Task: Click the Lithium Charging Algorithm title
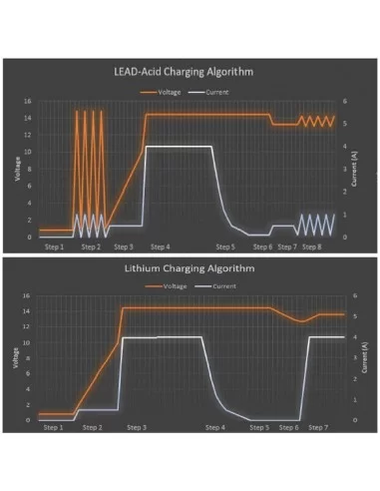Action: [190, 267]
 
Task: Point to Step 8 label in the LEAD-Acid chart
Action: [311, 245]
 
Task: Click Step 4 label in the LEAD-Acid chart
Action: [160, 245]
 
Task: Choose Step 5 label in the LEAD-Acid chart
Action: [227, 245]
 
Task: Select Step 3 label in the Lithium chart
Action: [138, 427]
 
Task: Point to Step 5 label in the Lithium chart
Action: [259, 427]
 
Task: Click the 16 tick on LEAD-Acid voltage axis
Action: [28, 101]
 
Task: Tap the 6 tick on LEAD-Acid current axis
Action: [344, 101]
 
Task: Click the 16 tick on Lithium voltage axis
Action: [28, 295]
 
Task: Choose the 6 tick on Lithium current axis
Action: [344, 295]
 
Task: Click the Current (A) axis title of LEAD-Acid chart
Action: [356, 168]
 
